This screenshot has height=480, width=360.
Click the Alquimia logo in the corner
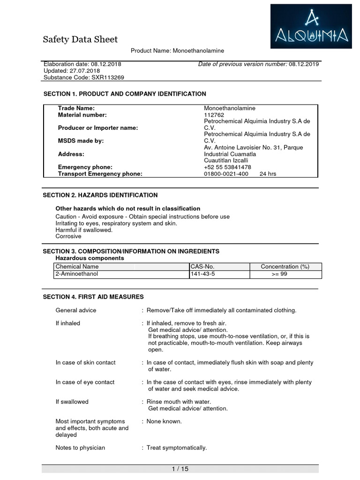coord(311,26)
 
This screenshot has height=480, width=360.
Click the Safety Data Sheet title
coord(80,39)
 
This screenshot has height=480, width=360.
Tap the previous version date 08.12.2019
coord(304,64)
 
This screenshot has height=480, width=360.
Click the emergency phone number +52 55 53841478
coord(227,167)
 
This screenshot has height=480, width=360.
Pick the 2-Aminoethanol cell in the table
coord(76,274)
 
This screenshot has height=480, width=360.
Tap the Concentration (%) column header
coord(285,267)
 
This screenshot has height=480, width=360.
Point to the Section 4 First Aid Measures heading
coord(93,297)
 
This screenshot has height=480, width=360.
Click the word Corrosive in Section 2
coord(68,237)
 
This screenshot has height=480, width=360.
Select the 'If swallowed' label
coord(72,402)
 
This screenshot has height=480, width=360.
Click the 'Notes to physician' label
coord(80,448)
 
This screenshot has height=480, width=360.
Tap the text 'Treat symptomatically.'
coord(177,448)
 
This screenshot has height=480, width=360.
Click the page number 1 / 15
coord(180,469)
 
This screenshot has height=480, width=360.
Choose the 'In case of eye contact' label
coord(85,382)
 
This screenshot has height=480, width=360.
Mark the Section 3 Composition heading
coord(131,251)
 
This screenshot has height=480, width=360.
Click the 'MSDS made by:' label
coord(81,141)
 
